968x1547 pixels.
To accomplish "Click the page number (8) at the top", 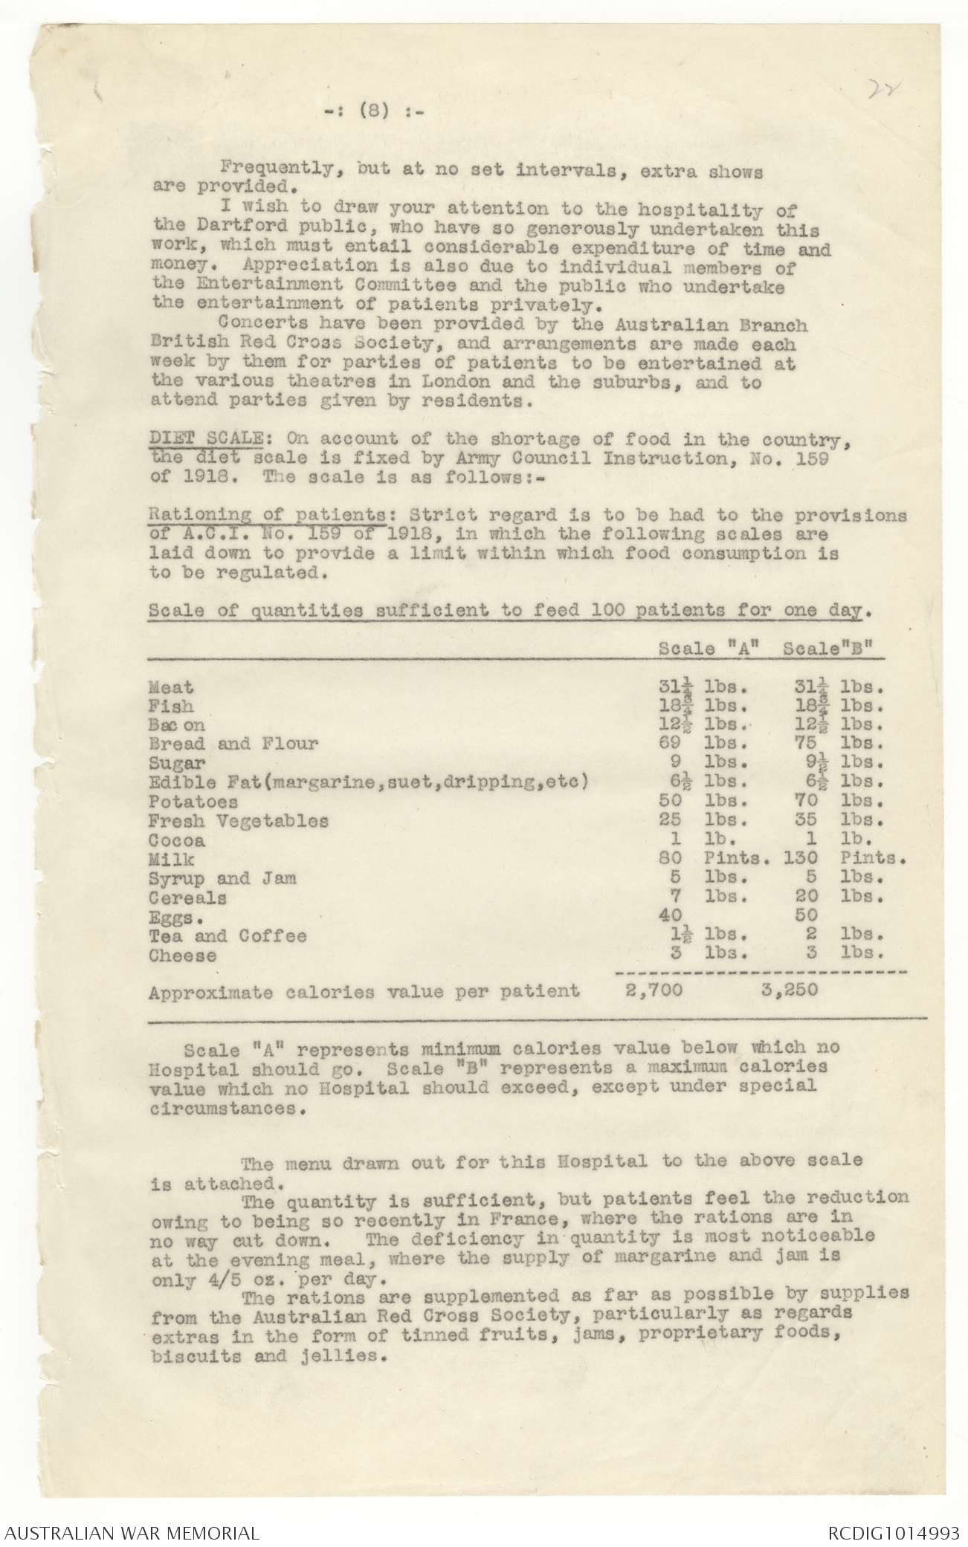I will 369,112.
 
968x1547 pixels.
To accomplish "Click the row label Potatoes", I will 193,802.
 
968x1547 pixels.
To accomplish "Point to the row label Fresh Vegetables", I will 238,822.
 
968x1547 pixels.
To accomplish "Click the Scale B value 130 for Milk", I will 801,860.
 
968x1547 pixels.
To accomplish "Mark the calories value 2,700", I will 650,990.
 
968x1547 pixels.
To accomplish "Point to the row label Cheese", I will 182,956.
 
